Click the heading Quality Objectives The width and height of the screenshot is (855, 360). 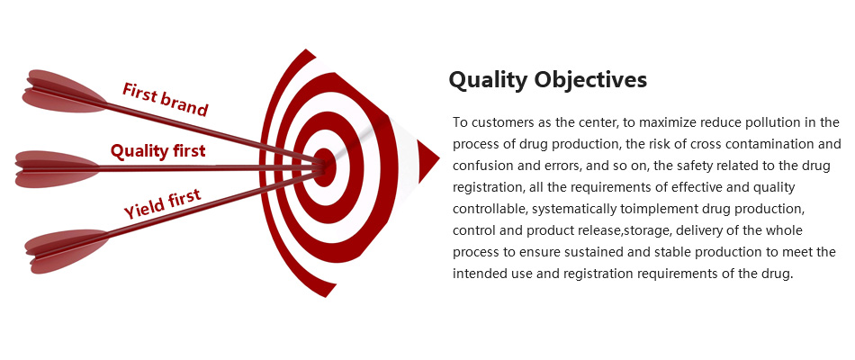coord(548,79)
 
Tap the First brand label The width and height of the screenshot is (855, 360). coord(165,99)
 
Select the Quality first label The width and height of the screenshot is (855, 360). coord(158,151)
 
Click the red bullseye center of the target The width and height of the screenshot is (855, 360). coord(324,167)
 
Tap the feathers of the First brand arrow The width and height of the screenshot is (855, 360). coord(64,92)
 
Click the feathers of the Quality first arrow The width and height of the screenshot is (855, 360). coord(58,169)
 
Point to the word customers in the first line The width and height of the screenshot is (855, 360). coord(495,122)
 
